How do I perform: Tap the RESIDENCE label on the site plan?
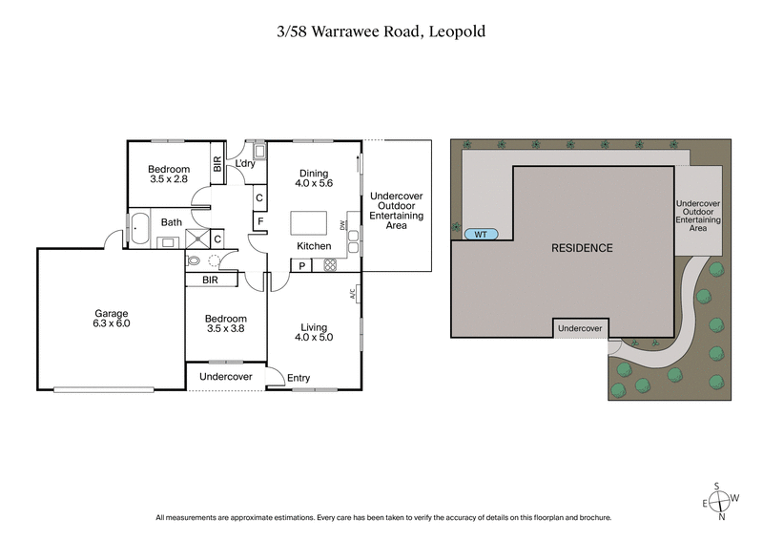582,248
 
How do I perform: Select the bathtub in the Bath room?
139,230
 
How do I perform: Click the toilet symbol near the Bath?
196,260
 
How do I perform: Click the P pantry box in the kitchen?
301,265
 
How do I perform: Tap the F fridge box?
258,222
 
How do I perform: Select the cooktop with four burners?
331,264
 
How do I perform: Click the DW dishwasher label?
342,225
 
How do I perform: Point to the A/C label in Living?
353,296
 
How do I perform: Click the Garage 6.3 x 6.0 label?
111,319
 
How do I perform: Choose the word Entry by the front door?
299,379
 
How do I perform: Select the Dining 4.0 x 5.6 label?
314,178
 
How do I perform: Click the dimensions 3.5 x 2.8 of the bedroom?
169,178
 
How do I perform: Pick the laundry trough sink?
258,151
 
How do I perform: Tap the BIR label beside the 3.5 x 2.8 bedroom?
217,163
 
